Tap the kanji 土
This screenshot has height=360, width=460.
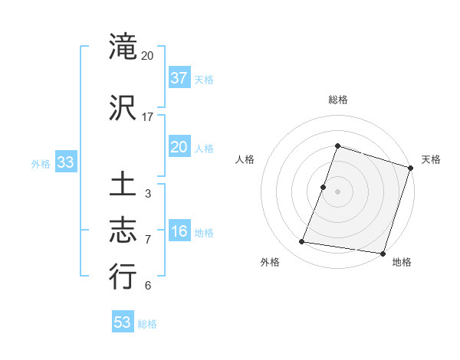coord(123,186)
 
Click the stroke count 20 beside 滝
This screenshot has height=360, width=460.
coord(148,57)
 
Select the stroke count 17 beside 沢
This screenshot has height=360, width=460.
coord(148,117)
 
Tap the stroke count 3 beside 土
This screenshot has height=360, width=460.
coord(148,194)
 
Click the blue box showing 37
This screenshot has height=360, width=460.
coord(179,78)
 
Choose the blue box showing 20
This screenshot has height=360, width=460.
coord(179,147)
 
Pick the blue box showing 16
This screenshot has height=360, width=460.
coord(179,231)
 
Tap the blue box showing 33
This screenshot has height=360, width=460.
coord(65,162)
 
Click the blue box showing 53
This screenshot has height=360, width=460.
coord(123,322)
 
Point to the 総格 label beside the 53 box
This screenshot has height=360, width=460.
coord(147,324)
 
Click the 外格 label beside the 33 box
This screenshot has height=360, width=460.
coord(41,163)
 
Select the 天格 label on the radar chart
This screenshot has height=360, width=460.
coord(431,159)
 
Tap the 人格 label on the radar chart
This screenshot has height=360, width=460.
coord(245,159)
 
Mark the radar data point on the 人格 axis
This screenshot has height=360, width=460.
coord(324,187)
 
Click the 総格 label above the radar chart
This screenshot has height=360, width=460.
coord(338,100)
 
